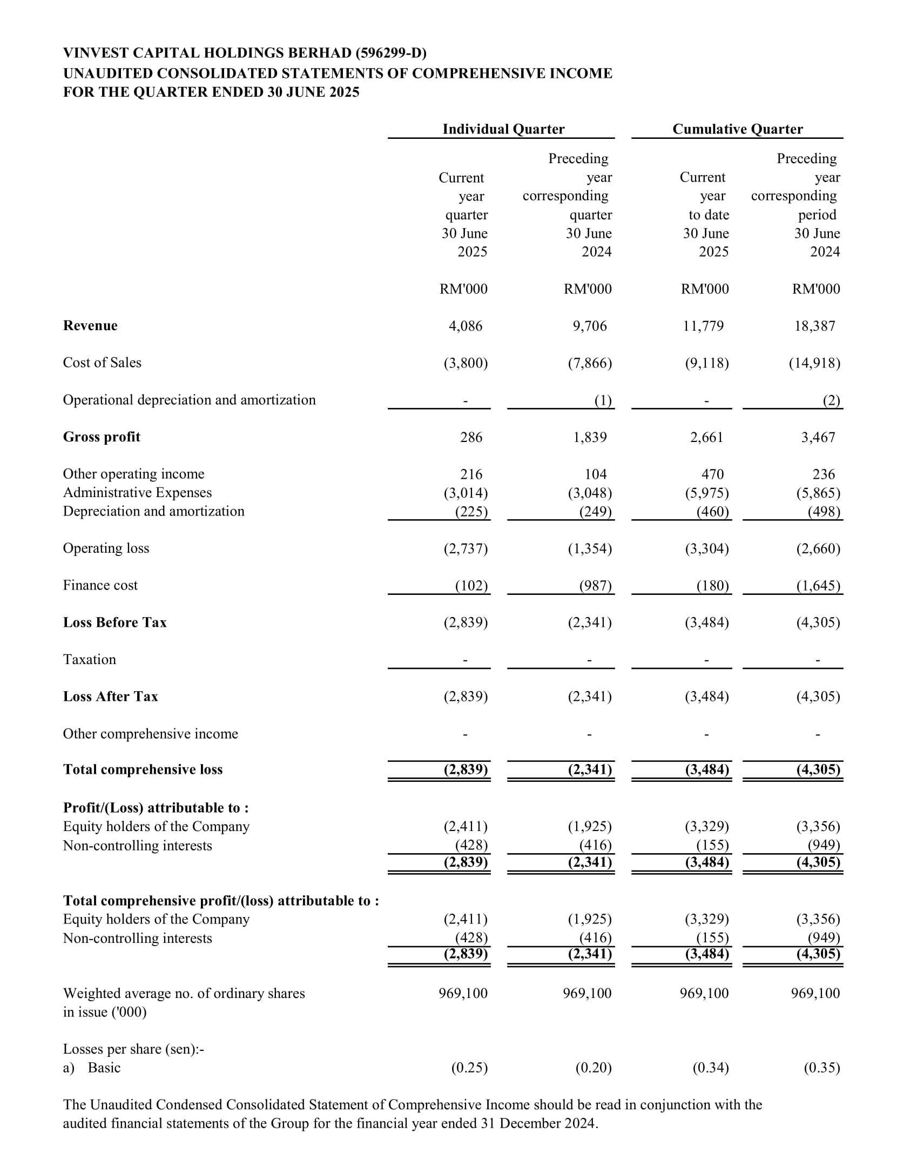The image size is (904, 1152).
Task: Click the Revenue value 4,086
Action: pyautogui.click(x=466, y=326)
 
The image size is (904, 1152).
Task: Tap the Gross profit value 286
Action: pyautogui.click(x=471, y=437)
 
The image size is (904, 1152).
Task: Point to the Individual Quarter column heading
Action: pyautogui.click(x=503, y=129)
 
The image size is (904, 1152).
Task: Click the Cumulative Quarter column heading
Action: pyautogui.click(x=737, y=129)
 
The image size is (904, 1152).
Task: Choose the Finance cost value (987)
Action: pyautogui.click(x=595, y=586)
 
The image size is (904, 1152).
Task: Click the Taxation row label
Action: pyautogui.click(x=90, y=659)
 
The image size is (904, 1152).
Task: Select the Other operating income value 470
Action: pyautogui.click(x=712, y=474)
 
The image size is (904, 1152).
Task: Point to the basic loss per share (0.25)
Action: pyautogui.click(x=469, y=1068)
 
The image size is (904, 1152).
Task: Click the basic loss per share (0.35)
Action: pyautogui.click(x=822, y=1068)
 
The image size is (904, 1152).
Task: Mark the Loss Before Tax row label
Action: pyautogui.click(x=115, y=622)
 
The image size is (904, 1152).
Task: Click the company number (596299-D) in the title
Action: pyautogui.click(x=391, y=53)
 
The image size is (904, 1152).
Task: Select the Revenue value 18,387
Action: pyautogui.click(x=814, y=326)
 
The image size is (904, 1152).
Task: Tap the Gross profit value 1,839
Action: pyautogui.click(x=590, y=437)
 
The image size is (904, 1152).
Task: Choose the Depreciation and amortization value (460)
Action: pyautogui.click(x=712, y=512)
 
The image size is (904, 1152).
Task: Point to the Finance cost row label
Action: pyautogui.click(x=100, y=585)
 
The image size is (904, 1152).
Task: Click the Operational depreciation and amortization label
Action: pyautogui.click(x=189, y=400)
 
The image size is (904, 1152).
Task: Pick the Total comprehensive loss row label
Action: pyautogui.click(x=143, y=769)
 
